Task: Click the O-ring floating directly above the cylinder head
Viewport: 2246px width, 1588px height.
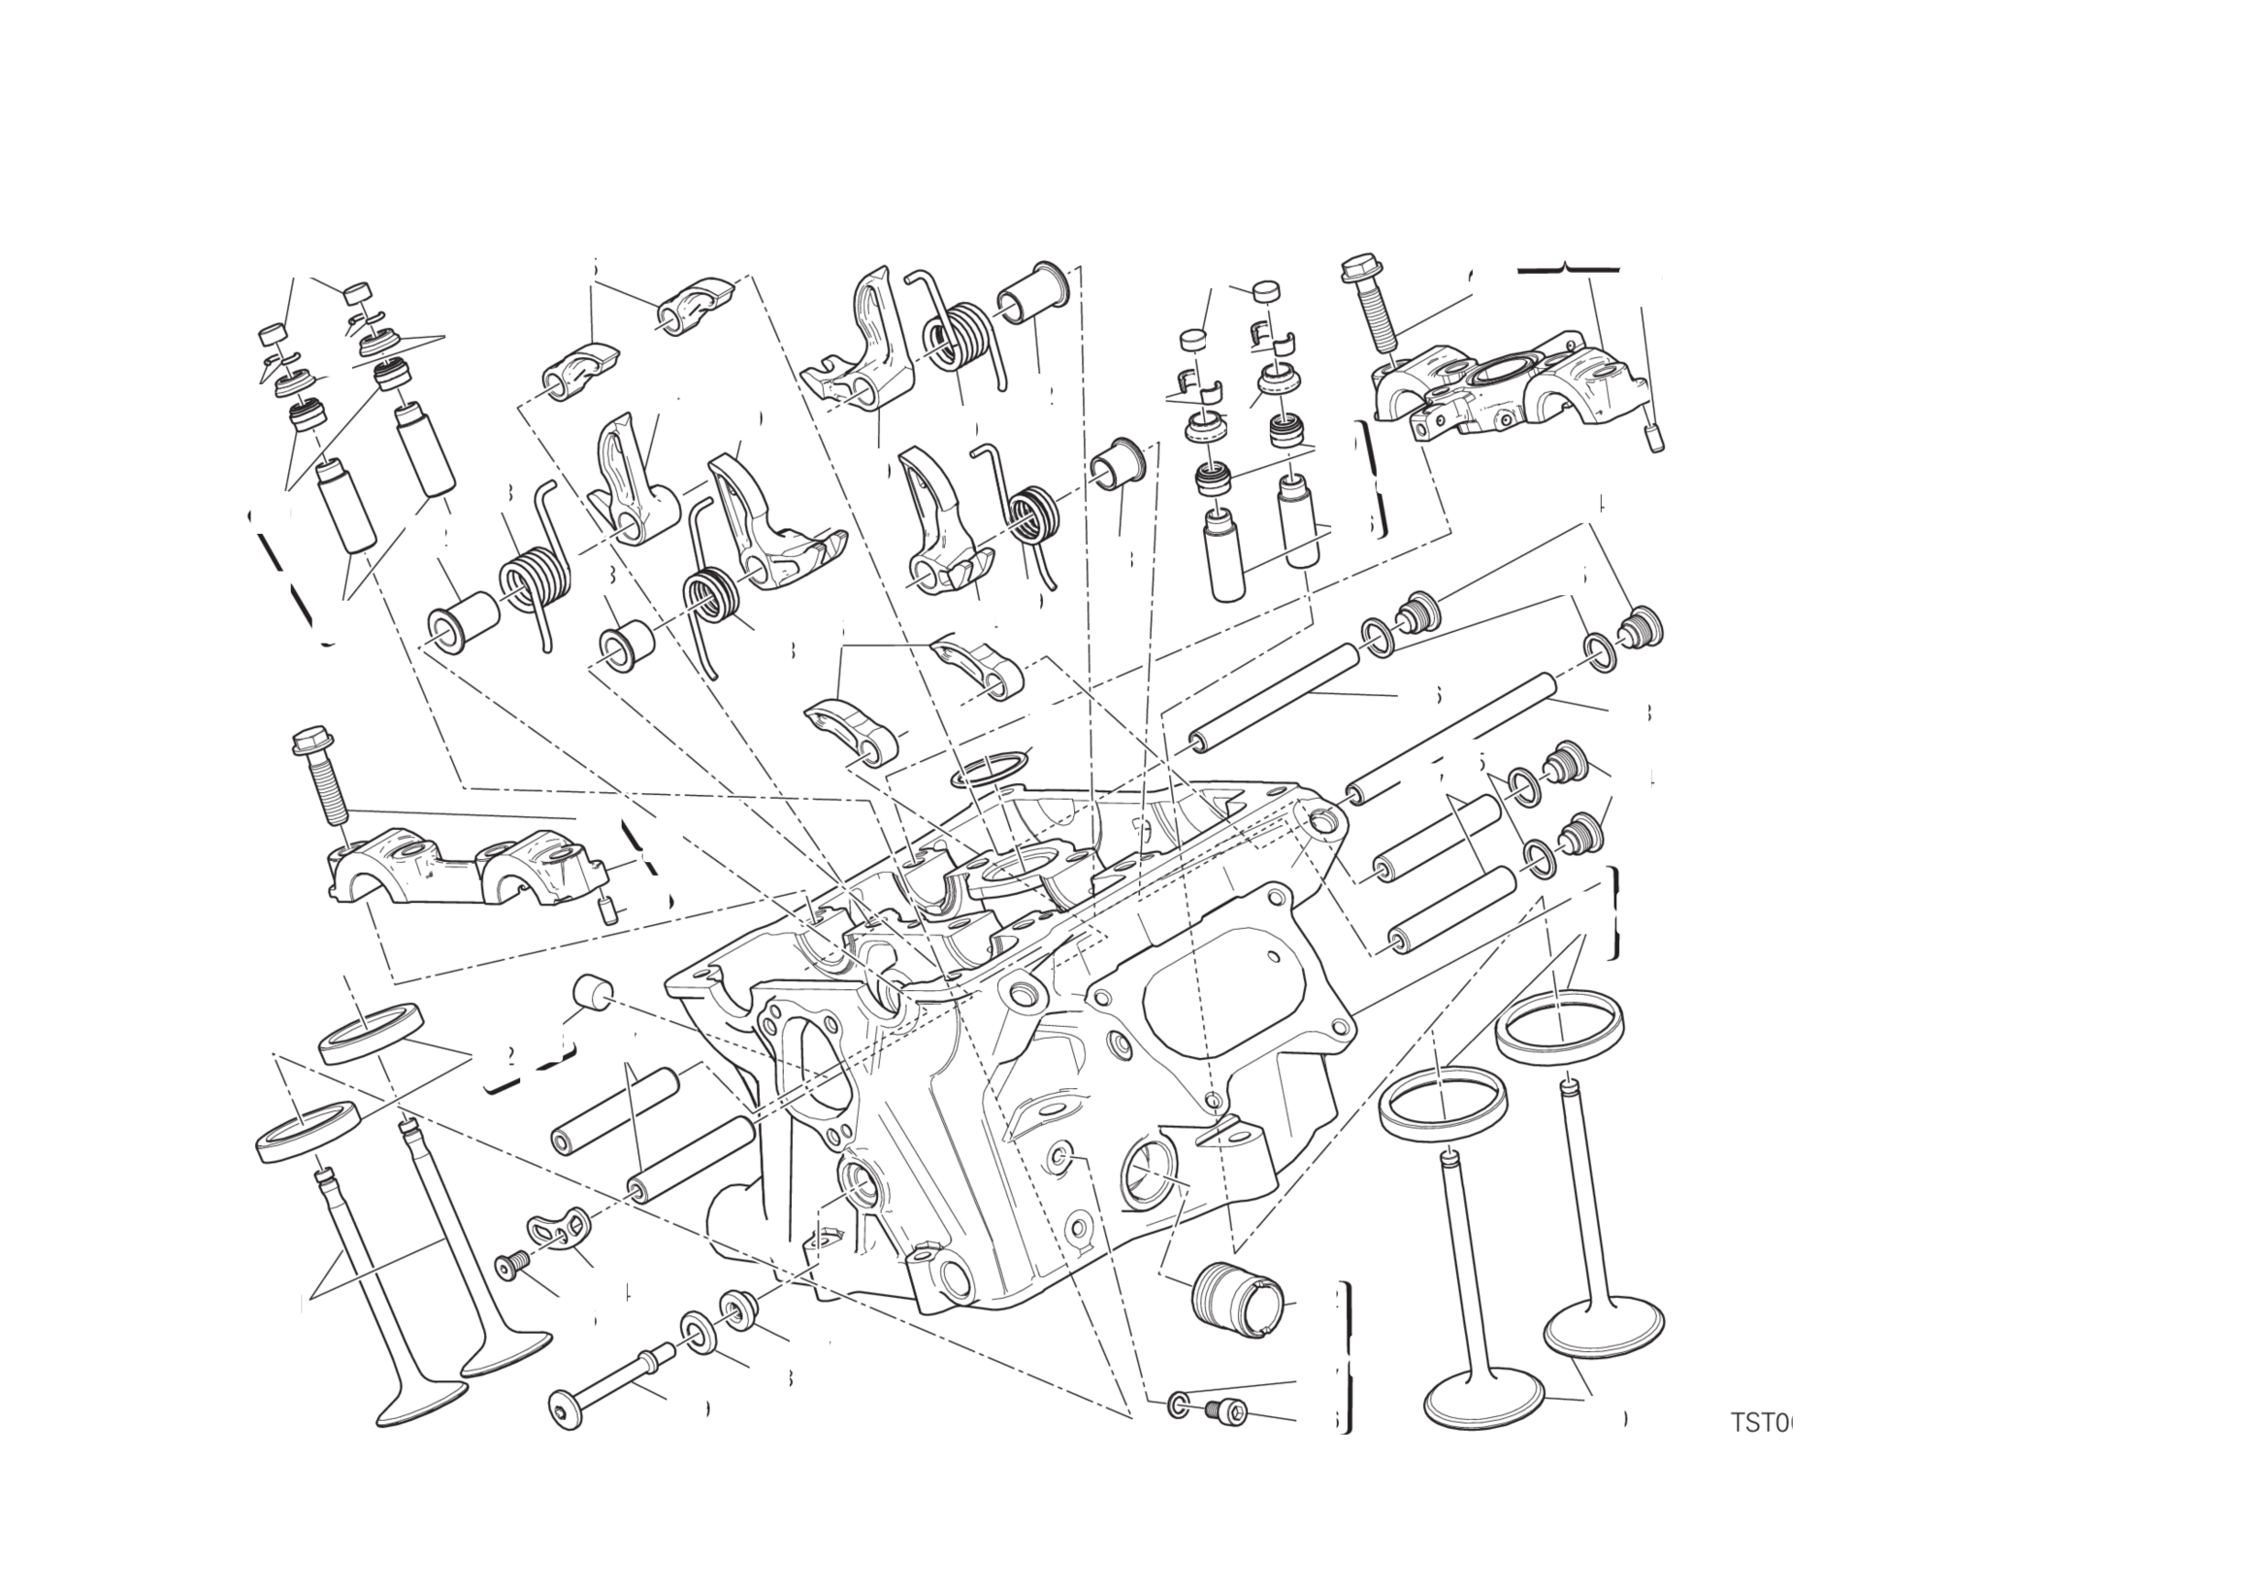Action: click(991, 770)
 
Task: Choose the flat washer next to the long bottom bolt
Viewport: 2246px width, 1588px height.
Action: click(698, 1333)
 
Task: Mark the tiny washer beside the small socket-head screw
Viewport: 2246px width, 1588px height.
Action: click(1179, 1406)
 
